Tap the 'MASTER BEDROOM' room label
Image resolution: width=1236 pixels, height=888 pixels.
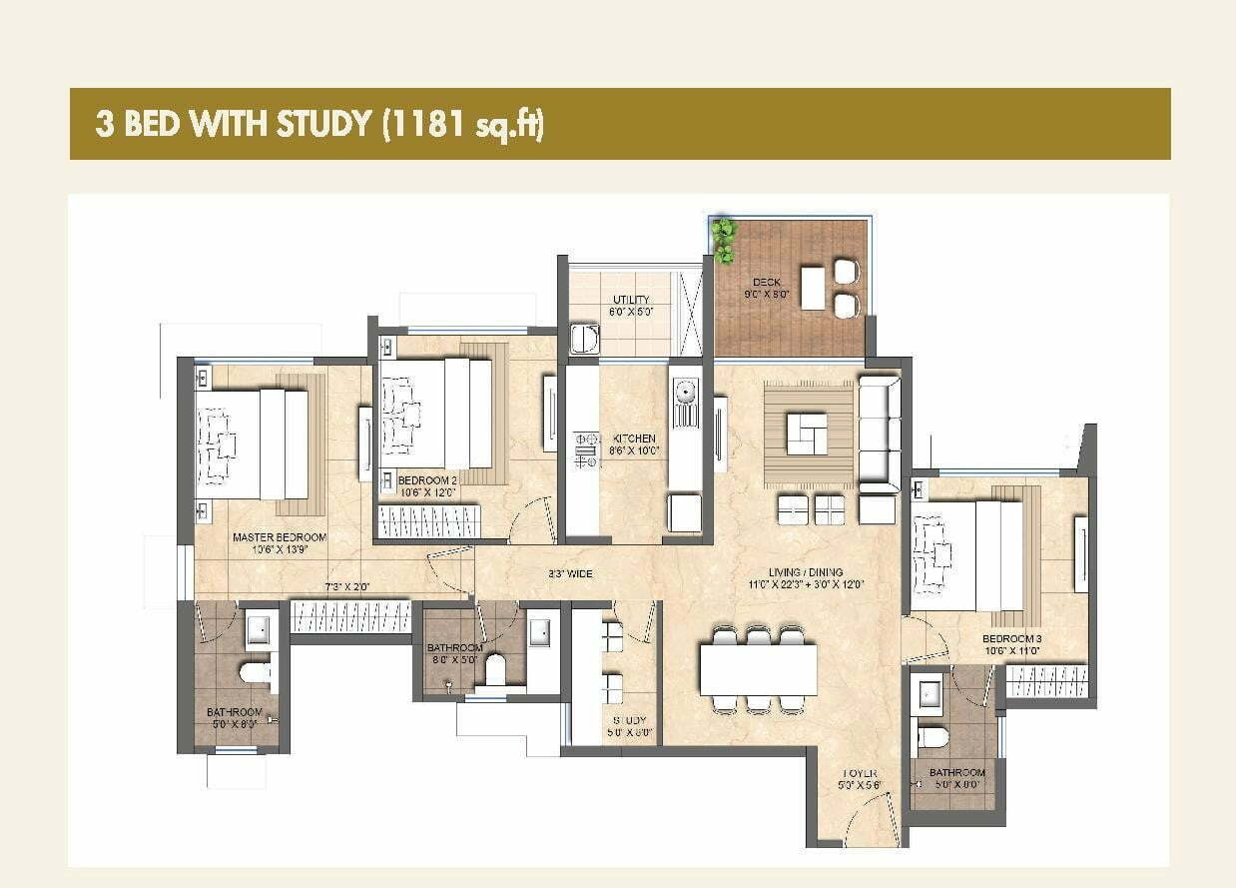click(x=280, y=537)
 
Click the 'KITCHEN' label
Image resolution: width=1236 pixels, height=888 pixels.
click(x=634, y=439)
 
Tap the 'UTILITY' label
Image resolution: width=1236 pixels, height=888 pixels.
click(x=630, y=300)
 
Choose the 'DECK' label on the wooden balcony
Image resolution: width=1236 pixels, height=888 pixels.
click(x=767, y=283)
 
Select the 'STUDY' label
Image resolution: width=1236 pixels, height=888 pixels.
click(x=630, y=720)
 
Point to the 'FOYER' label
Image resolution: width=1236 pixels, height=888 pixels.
click(x=859, y=773)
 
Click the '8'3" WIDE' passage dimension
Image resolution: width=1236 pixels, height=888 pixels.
click(x=570, y=574)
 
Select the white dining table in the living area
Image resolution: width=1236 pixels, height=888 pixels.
click(x=758, y=669)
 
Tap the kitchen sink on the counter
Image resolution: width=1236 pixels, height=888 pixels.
click(x=685, y=402)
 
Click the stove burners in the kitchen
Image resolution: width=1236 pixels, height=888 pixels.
click(x=585, y=450)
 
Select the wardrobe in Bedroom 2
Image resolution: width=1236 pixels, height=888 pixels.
click(x=430, y=521)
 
